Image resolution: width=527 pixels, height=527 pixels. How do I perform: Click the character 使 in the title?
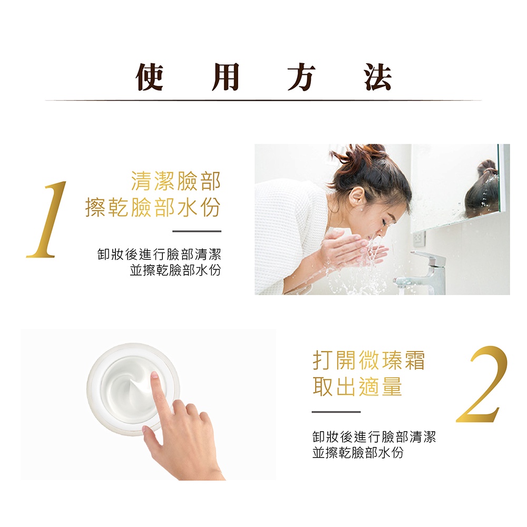tap(150, 77)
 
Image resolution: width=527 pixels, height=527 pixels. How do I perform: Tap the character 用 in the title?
tap(226, 77)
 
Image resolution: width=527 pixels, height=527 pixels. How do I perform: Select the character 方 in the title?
tap(301, 77)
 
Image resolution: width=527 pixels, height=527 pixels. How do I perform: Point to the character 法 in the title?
tap(378, 77)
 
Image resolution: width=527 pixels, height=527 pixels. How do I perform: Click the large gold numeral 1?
tap(47, 219)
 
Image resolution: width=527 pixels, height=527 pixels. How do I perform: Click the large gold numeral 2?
tap(482, 384)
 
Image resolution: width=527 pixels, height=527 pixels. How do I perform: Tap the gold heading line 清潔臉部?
tap(176, 181)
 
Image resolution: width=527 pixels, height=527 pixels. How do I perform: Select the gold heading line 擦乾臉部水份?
tap(153, 207)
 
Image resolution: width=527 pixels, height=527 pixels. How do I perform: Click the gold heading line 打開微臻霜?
tap(369, 360)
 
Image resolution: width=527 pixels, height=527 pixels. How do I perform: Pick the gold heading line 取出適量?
tap(357, 386)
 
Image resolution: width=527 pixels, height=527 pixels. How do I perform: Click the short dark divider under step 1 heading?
tap(197, 231)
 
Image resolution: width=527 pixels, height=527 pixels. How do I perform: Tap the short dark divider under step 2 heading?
tap(336, 412)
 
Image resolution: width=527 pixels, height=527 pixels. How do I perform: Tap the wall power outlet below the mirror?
tap(419, 238)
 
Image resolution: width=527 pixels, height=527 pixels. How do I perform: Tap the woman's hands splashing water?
tap(349, 249)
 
